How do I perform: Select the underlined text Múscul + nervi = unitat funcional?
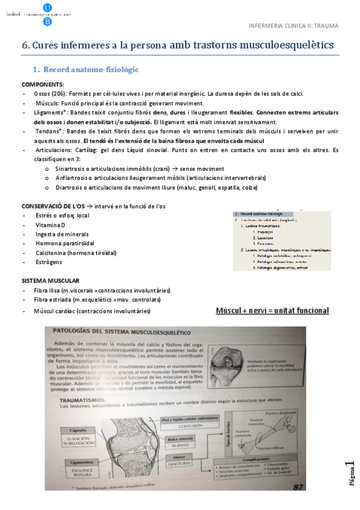tap(272, 310)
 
